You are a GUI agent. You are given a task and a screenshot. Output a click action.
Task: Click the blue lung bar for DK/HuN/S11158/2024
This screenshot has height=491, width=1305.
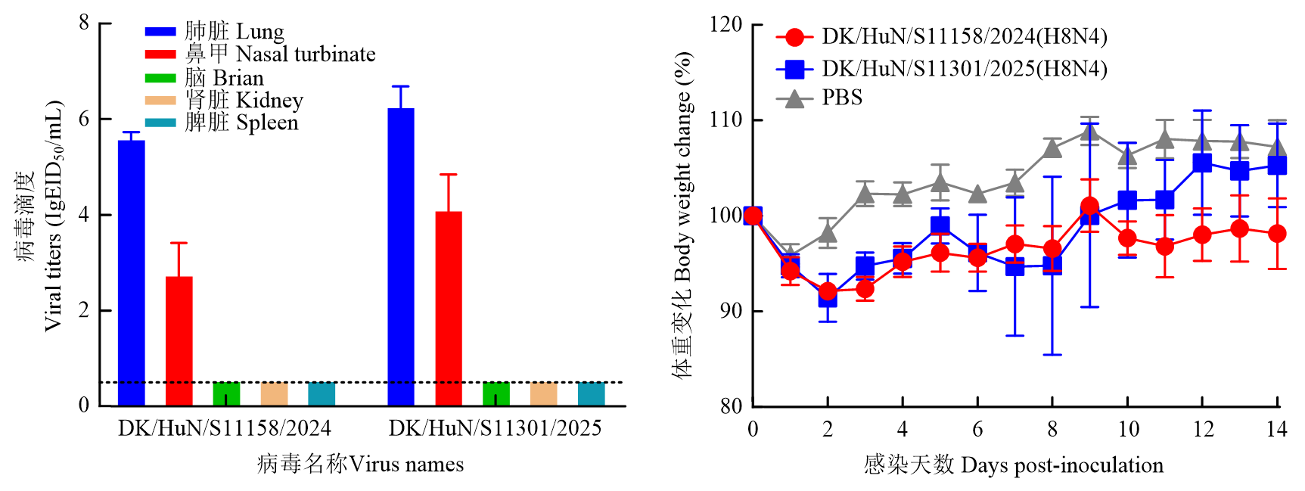tap(132, 272)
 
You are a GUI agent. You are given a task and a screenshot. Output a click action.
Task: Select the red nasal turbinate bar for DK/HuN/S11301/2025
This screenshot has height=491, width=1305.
tap(449, 308)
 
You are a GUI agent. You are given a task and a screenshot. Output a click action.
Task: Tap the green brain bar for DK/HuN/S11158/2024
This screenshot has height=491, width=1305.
tap(226, 394)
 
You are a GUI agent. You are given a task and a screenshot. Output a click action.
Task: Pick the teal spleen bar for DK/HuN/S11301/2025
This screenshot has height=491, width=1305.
tap(591, 394)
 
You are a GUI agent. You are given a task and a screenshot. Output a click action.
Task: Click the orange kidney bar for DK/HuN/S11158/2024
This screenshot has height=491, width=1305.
tap(274, 394)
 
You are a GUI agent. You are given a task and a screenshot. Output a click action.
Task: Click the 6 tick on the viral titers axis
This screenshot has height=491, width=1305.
tap(84, 119)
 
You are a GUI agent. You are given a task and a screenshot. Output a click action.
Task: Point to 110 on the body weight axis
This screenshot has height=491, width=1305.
tap(726, 120)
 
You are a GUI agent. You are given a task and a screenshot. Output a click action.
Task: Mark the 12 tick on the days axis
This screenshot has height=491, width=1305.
tap(1203, 429)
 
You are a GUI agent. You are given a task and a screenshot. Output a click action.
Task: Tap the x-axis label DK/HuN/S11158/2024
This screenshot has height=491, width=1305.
tap(224, 428)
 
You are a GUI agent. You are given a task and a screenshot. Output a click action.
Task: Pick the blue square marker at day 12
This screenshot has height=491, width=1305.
tap(1202, 163)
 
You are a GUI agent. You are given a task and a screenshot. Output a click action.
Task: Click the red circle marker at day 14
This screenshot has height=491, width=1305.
tap(1277, 233)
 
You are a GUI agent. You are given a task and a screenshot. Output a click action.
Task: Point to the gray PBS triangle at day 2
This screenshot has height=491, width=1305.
tap(828, 232)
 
